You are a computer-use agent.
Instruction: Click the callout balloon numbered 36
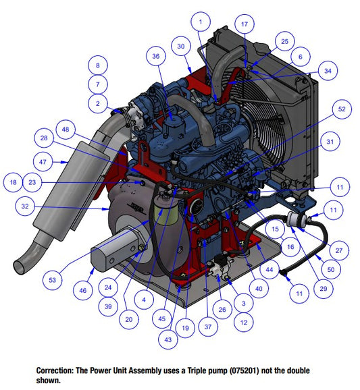click(x=156, y=56)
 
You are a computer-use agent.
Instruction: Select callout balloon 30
click(x=181, y=47)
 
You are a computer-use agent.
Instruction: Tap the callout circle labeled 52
click(x=342, y=109)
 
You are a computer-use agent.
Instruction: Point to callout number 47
click(x=43, y=162)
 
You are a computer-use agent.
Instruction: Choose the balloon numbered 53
click(x=52, y=280)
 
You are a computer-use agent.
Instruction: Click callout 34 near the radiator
click(x=328, y=71)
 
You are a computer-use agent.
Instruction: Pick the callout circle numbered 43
click(x=168, y=339)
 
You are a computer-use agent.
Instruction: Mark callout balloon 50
click(x=331, y=269)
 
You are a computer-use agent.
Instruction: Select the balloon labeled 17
click(x=245, y=24)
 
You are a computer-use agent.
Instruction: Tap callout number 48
click(x=66, y=130)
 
